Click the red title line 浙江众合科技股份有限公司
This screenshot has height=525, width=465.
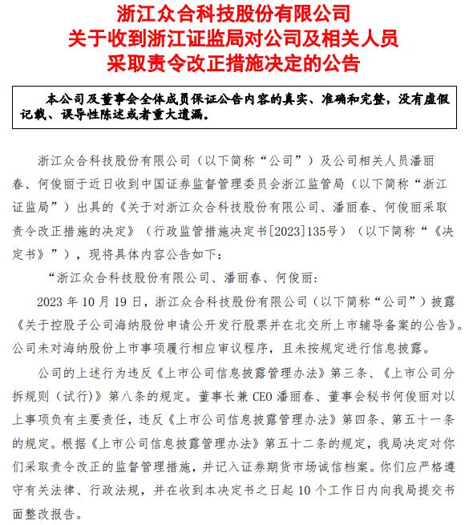pyautogui.click(x=232, y=14)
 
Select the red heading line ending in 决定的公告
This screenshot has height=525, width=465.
pyautogui.click(x=232, y=63)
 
